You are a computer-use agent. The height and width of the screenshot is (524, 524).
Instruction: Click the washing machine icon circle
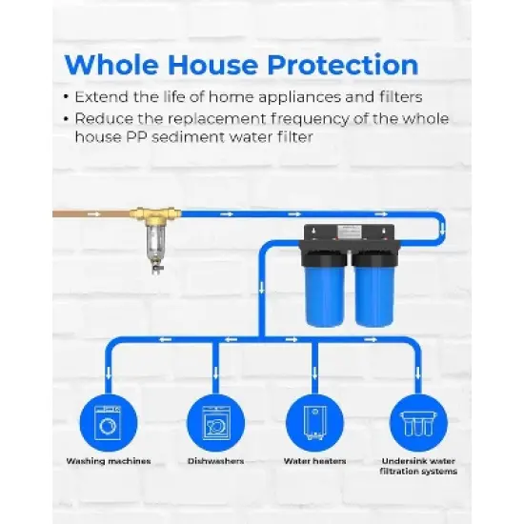[x=108, y=421]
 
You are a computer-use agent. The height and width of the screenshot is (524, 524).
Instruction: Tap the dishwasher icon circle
[x=215, y=421]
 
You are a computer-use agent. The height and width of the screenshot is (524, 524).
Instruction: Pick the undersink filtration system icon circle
[x=417, y=421]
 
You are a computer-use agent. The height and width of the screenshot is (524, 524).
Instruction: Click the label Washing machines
[x=108, y=461]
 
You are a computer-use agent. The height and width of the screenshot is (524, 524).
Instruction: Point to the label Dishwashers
[x=215, y=461]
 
